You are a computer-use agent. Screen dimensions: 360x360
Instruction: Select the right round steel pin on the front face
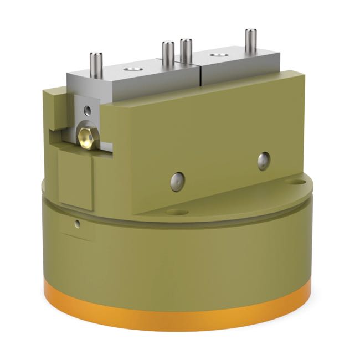[x=264, y=161]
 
